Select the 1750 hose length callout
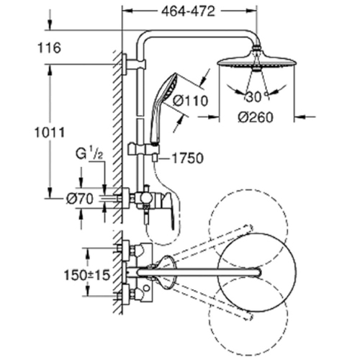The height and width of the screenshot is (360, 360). point(182,158)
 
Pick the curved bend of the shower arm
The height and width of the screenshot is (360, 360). point(147,36)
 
